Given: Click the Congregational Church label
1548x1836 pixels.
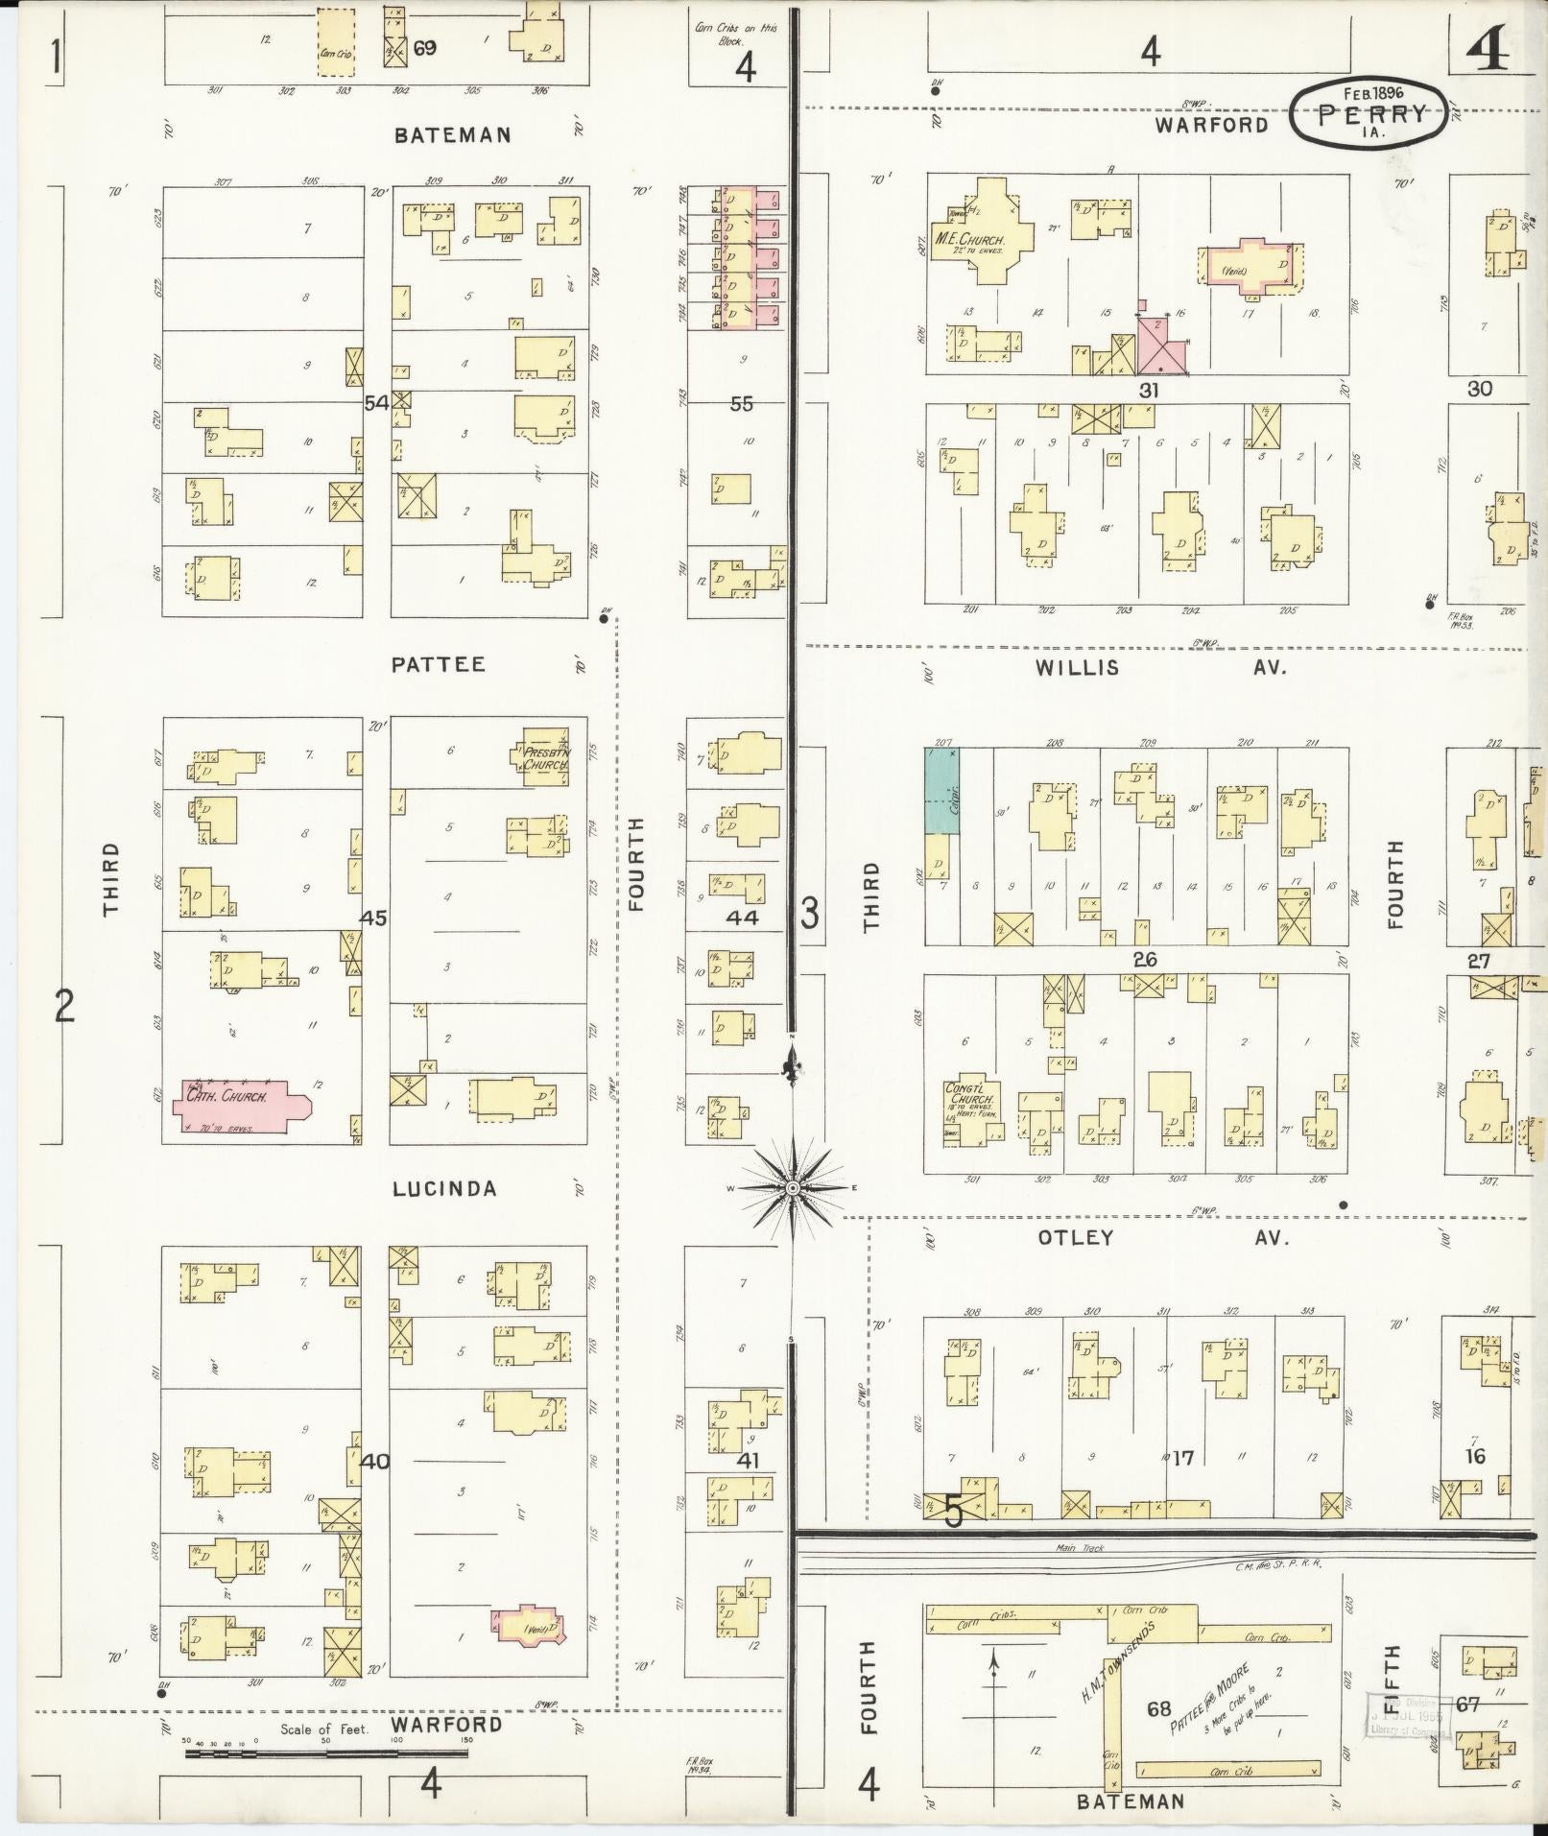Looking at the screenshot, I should coord(972,1095).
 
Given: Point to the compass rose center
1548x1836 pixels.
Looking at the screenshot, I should coord(793,1189).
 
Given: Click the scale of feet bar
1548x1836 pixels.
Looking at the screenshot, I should coord(326,1753).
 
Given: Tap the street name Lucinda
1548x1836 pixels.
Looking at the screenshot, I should coord(445,1189).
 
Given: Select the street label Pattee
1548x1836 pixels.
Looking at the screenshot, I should coord(439,664).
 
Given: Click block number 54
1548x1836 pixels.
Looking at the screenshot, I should coord(375,404).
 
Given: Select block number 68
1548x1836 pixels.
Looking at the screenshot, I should coord(1158,1708).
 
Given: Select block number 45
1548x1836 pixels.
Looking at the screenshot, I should coord(372,918).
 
